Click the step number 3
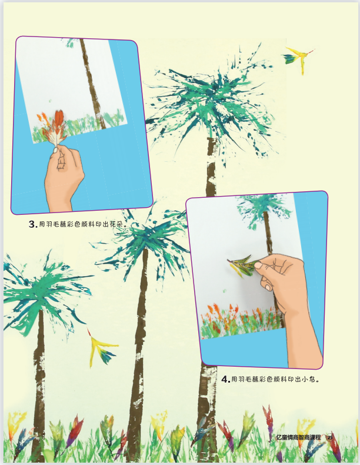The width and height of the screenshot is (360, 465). click(32, 224)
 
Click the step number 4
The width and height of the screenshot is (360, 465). click(225, 379)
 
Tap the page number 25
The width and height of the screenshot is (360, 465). click(330, 437)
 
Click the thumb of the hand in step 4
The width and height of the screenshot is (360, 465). click(261, 265)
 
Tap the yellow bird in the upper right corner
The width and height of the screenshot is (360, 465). click(298, 59)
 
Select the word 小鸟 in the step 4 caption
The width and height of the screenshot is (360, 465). click(308, 379)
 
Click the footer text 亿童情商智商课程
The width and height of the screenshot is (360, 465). click(298, 437)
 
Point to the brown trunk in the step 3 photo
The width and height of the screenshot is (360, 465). click(92, 83)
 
